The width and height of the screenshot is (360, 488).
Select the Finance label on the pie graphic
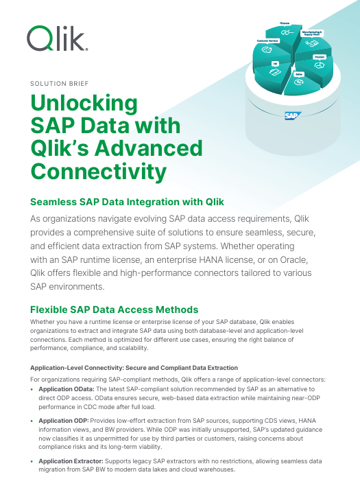(x=284, y=23)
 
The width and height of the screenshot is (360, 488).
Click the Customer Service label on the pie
(x=267, y=40)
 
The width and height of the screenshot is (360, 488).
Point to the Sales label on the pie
(x=300, y=72)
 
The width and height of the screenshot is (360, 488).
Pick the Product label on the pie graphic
(x=319, y=56)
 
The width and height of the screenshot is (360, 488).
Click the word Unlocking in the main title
(x=85, y=103)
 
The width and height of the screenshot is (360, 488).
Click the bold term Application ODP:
(x=64, y=419)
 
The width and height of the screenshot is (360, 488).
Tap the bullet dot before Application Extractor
(x=33, y=462)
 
